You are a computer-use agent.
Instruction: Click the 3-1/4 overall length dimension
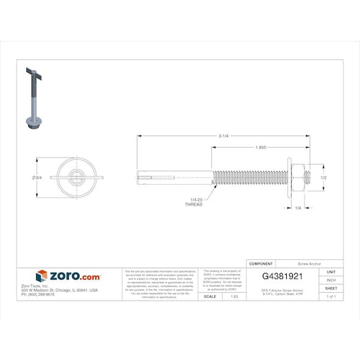(x=224, y=135)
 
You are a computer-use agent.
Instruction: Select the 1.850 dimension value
(x=261, y=148)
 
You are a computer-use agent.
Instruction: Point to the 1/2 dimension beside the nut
(x=324, y=178)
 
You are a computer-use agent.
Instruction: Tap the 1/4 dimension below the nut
(x=298, y=209)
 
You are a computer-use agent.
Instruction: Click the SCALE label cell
(x=209, y=297)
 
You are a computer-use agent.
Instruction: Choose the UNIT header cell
(x=331, y=272)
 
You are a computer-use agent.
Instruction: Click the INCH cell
(x=331, y=280)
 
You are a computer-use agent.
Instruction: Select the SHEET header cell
(x=331, y=288)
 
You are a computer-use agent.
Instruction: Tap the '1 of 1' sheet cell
(x=331, y=297)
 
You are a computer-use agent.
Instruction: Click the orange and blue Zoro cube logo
(x=41, y=276)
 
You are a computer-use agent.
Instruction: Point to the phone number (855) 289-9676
(x=38, y=295)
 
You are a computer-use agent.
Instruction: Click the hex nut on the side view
(x=298, y=178)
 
